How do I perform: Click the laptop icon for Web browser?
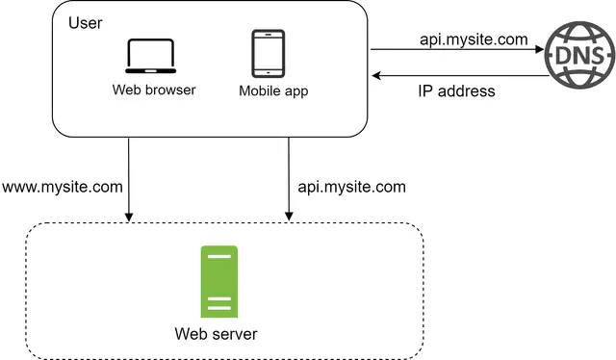(150, 57)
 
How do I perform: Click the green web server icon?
(218, 281)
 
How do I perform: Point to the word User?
(86, 21)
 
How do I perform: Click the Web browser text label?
(154, 90)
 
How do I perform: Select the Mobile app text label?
(273, 91)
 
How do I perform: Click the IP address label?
(456, 92)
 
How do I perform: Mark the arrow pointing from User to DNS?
(456, 50)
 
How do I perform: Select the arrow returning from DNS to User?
(456, 75)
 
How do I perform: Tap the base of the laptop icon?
(150, 72)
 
